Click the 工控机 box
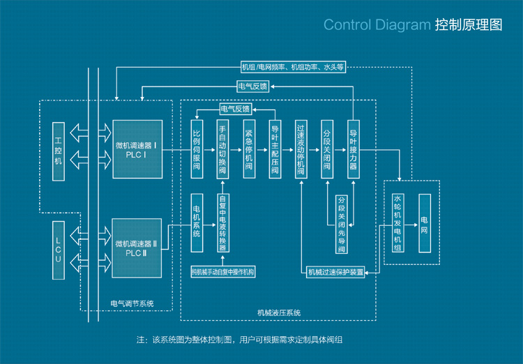point(59,149)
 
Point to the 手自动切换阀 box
point(222,149)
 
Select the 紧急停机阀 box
point(248,149)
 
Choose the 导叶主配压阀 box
point(275,149)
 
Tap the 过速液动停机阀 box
point(301,149)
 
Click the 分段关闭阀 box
point(327,149)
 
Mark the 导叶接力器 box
point(354,149)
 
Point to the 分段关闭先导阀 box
point(342,224)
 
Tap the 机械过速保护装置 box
point(336,272)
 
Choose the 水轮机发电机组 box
point(398,222)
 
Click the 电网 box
point(424,222)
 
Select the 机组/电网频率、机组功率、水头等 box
point(293,68)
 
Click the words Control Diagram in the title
point(377,26)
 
